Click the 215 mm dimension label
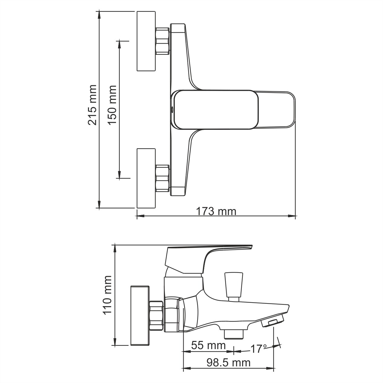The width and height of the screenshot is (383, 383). tap(92, 105)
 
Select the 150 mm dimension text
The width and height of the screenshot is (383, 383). tap(112, 105)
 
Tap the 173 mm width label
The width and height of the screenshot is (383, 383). tap(216, 211)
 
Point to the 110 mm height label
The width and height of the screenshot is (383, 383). tap(108, 295)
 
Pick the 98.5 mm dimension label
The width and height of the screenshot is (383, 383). tap(228, 362)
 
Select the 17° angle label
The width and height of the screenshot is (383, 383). tap(258, 349)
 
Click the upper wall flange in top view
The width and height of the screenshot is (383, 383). tap(146, 41)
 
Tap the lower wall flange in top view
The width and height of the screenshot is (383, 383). tap(146, 178)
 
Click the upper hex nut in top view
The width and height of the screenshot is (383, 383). tap(162, 41)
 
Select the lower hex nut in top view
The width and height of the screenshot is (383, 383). tap(162, 178)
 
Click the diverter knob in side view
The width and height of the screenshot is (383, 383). tap(233, 284)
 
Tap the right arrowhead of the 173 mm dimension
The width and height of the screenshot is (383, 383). tap(293, 216)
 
